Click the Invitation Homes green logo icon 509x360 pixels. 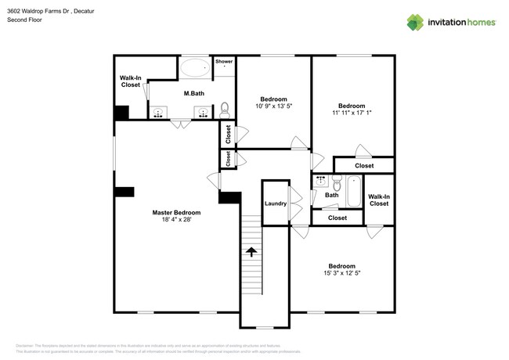[x=413, y=22]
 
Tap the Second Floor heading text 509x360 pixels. [x=24, y=20]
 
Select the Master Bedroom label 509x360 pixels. [x=176, y=213]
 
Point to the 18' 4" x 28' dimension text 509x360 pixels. [x=176, y=220]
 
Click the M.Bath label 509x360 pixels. [x=193, y=95]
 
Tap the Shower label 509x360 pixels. [x=224, y=61]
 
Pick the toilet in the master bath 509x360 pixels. [x=225, y=108]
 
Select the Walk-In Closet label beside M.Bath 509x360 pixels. [x=130, y=81]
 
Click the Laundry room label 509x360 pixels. [x=276, y=203]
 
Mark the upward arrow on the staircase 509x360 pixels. [x=251, y=252]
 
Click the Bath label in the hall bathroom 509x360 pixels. [x=331, y=196]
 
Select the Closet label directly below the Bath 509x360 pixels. [x=338, y=218]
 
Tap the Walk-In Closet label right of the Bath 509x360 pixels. [x=379, y=200]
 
